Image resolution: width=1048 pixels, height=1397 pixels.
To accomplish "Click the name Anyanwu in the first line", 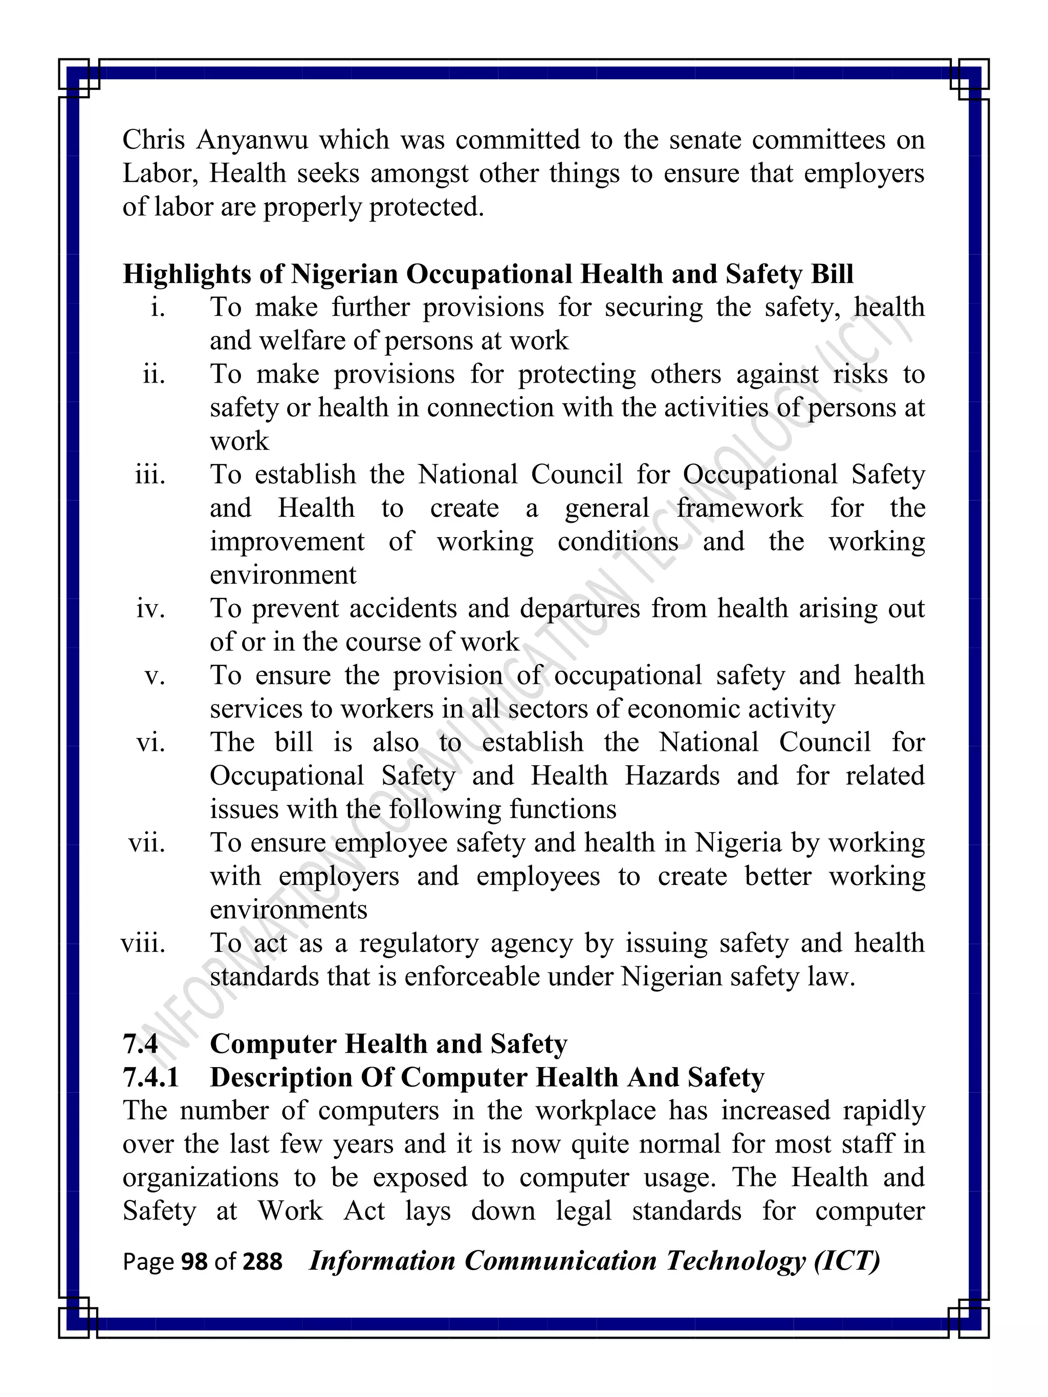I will tap(252, 140).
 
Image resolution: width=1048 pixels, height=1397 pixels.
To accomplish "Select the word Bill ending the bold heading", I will tap(832, 274).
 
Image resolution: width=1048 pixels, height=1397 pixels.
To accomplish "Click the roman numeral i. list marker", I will tap(158, 308).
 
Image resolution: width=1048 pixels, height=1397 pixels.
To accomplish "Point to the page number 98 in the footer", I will tap(194, 1262).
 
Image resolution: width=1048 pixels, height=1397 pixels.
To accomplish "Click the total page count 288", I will tap(262, 1262).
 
